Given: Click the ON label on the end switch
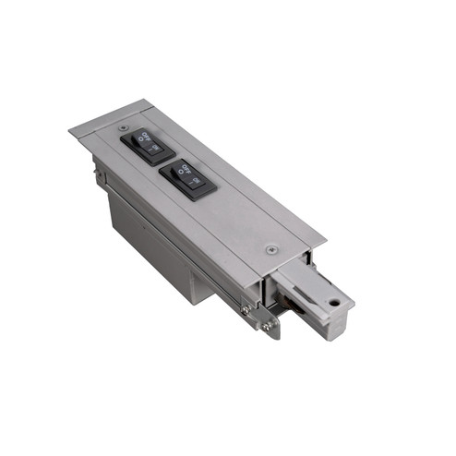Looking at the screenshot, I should tap(157, 148).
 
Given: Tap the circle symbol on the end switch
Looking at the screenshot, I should tap(139, 140).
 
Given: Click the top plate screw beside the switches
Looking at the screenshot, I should tap(124, 127).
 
